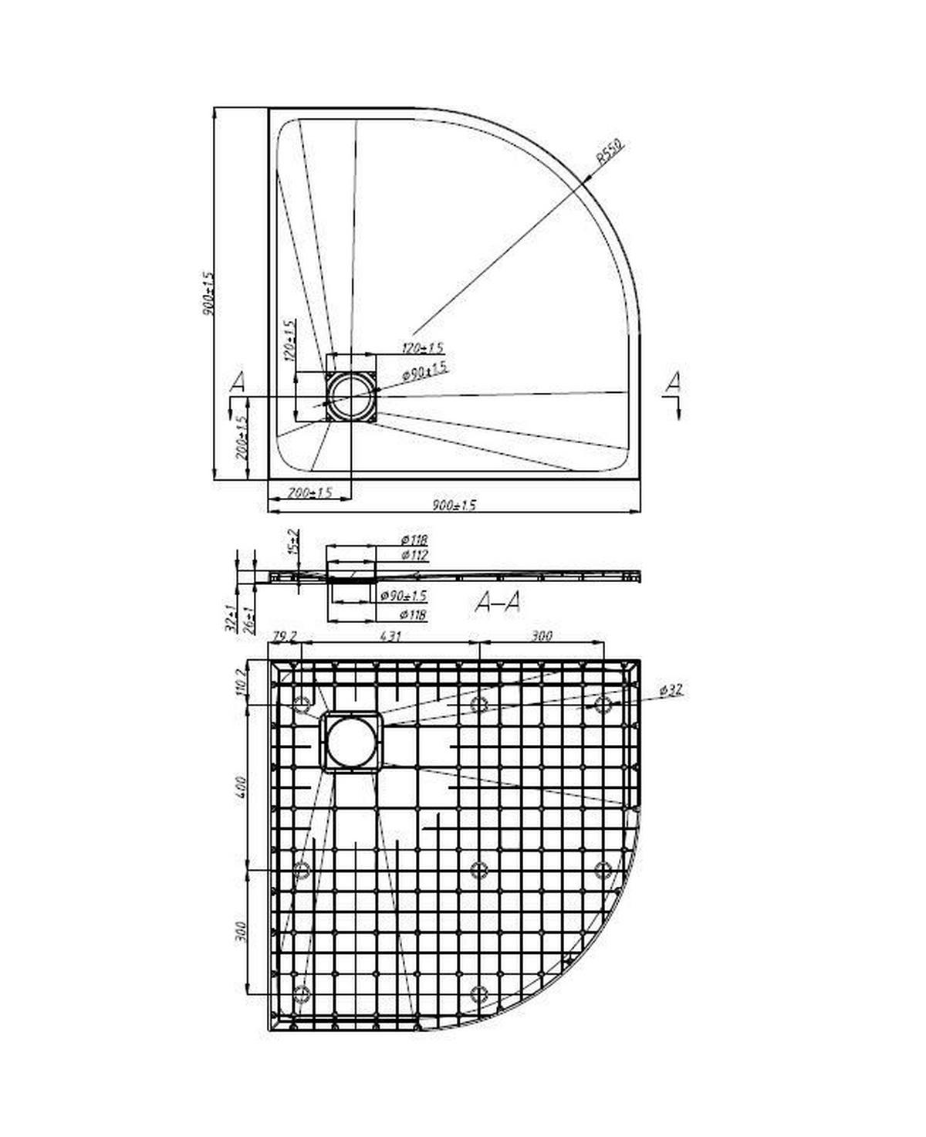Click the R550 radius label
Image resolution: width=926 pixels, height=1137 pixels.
coord(610,154)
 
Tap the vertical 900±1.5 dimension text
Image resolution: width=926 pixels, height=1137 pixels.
coord(206,293)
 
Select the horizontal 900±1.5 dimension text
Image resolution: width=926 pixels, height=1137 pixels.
coord(454,505)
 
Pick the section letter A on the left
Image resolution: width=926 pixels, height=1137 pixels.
coord(238,381)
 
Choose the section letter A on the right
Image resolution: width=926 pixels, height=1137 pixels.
coord(674,381)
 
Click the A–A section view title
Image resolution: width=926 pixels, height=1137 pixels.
coord(498,602)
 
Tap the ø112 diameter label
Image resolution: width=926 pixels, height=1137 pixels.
coord(414,555)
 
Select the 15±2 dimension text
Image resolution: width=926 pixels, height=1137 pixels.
coord(292,543)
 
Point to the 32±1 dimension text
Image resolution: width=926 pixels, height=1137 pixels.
coord(230,619)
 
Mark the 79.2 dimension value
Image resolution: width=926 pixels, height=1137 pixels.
coord(284,636)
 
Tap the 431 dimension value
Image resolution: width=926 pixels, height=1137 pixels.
coord(390,636)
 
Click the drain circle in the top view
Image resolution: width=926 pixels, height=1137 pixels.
coord(351,396)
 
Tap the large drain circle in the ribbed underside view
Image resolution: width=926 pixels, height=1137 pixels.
coord(351,742)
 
